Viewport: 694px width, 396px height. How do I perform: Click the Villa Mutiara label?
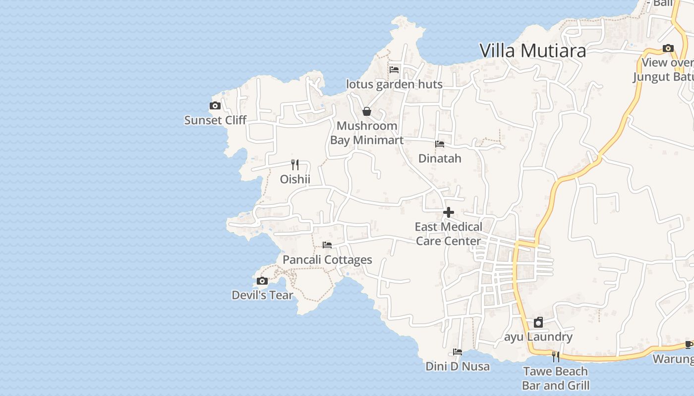click(532, 50)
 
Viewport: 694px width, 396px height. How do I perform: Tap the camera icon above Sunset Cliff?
click(215, 105)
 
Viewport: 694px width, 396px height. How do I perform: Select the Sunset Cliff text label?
click(215, 120)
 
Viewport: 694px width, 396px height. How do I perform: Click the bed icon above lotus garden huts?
click(394, 70)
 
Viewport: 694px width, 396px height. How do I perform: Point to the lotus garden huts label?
click(394, 84)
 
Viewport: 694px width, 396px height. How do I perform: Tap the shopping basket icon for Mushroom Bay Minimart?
click(367, 111)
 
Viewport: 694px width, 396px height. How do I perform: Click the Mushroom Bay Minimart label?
click(367, 133)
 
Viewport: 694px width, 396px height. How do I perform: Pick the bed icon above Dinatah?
click(440, 144)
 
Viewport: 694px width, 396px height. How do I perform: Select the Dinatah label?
click(440, 158)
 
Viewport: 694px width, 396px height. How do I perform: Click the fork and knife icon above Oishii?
click(295, 164)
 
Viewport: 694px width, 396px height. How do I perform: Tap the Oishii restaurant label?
click(295, 179)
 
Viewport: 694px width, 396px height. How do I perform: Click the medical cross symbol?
click(449, 212)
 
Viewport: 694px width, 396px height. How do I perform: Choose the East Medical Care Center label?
click(448, 234)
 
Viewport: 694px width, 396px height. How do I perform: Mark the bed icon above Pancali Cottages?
click(327, 245)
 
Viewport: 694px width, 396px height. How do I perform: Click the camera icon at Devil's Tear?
click(262, 281)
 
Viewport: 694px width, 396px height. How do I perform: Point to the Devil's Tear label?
click(262, 295)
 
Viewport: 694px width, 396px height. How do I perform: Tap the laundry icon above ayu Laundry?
click(538, 323)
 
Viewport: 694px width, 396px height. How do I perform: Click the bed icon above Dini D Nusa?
click(458, 352)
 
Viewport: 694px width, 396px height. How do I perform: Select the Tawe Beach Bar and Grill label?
click(556, 378)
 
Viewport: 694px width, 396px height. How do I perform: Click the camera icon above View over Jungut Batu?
click(668, 49)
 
